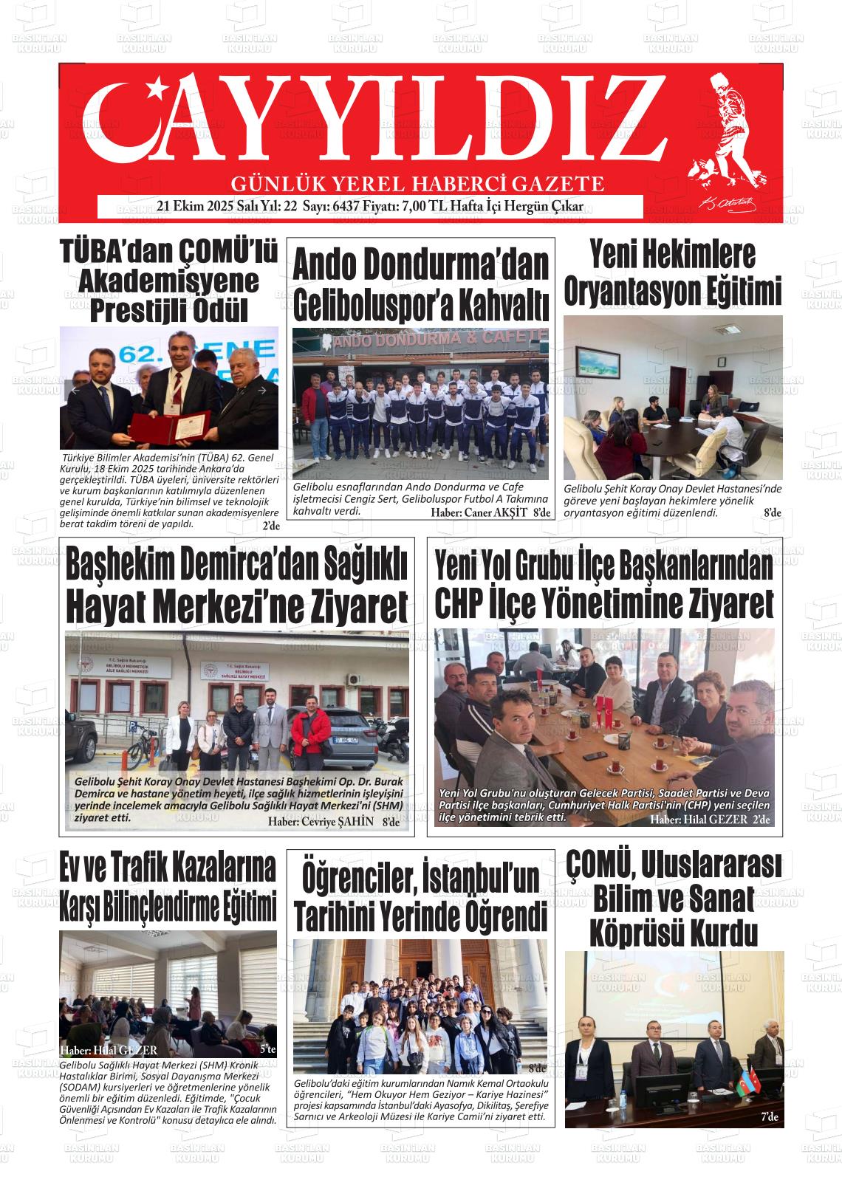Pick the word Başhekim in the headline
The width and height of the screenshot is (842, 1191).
coord(120,566)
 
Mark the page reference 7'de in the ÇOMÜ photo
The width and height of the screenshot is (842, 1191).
coord(769,1117)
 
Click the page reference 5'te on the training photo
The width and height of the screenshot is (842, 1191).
coord(267,1049)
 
